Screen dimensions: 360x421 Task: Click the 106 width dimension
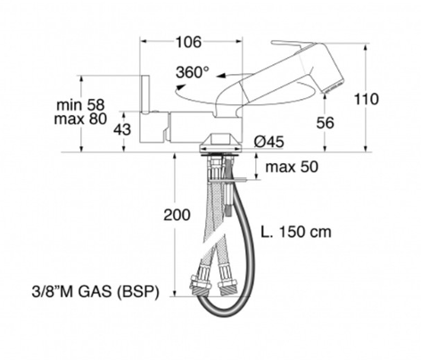click(x=187, y=42)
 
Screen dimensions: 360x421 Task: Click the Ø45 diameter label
click(x=268, y=142)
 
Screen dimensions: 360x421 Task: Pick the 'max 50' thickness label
click(x=292, y=166)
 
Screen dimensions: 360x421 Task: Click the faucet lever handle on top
click(x=299, y=45)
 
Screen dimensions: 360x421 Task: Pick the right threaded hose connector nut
click(x=228, y=287)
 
